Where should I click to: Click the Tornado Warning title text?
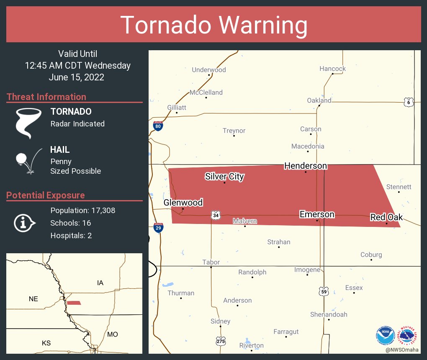point(213,25)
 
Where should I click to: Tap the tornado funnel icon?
point(28,123)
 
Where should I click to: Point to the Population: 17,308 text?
point(82,210)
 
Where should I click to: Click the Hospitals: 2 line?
point(71,235)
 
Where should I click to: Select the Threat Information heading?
point(46,97)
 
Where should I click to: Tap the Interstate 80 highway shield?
point(158,126)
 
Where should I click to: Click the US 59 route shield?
point(323,291)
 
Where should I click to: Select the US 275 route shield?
point(221,341)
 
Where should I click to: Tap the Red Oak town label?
point(386,217)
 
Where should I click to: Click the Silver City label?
point(224,176)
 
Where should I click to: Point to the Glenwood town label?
point(183,203)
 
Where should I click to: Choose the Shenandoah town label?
point(329,314)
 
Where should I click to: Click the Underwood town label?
point(208,70)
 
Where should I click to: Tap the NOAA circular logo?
point(385,336)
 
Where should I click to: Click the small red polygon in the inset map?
point(74,303)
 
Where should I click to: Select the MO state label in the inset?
point(112,334)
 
